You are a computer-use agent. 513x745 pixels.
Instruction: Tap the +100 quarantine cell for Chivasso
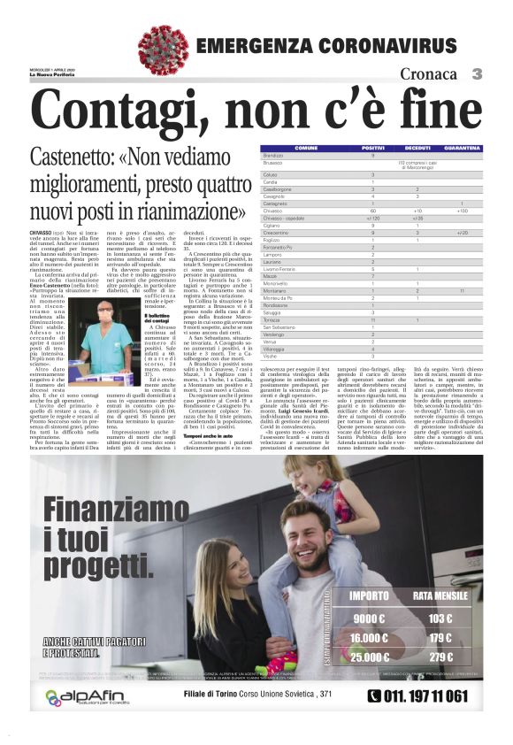coord(462,211)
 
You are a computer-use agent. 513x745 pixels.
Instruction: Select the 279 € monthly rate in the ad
coord(440,657)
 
